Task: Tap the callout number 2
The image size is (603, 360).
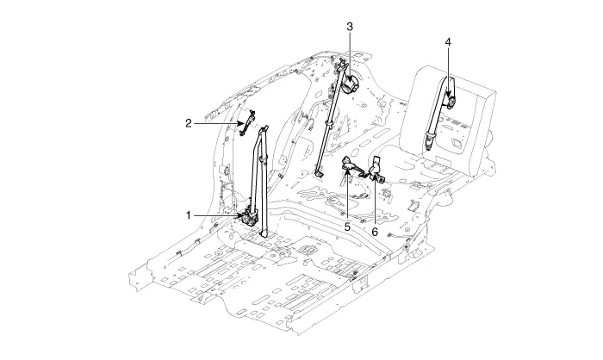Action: click(x=188, y=123)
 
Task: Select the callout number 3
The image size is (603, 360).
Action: click(x=350, y=27)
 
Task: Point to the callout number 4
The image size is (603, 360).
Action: click(x=448, y=40)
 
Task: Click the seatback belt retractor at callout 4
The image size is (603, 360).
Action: click(x=449, y=96)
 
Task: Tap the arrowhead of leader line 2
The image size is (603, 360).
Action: click(x=242, y=123)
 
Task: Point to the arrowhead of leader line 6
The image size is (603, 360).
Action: click(x=376, y=178)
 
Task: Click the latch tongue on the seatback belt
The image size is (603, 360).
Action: click(x=428, y=138)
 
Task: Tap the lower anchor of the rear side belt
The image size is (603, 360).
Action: click(x=319, y=172)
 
